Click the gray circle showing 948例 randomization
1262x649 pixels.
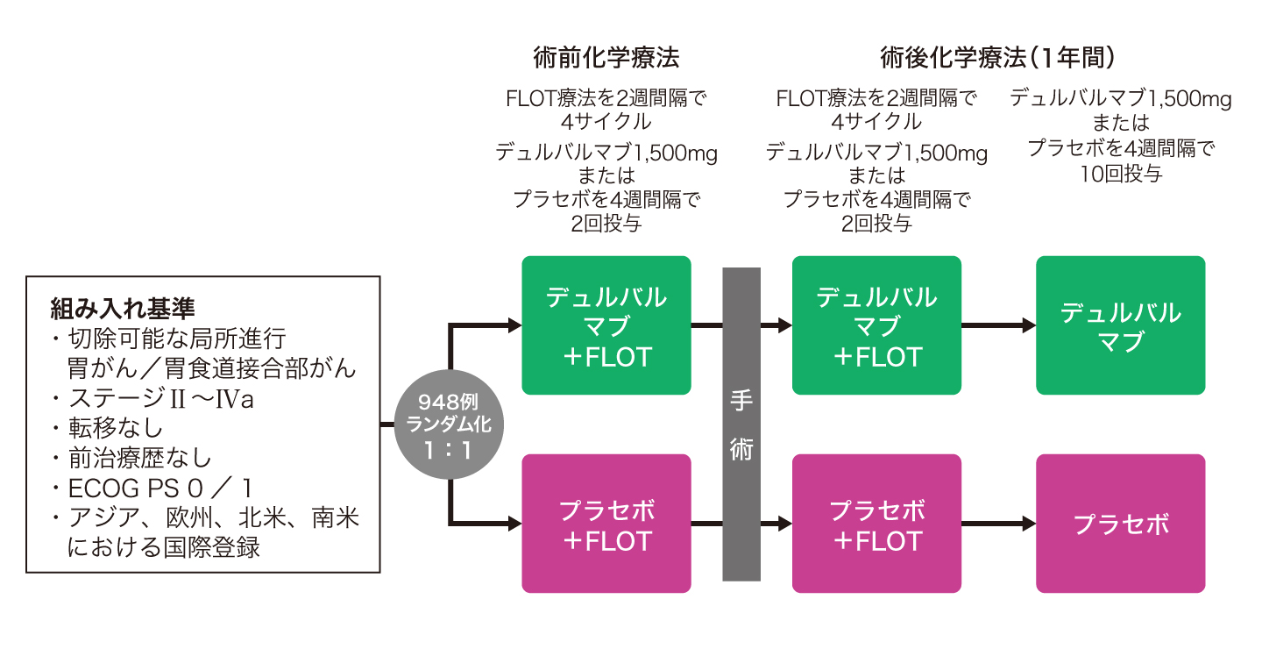point(449,425)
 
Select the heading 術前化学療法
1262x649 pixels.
point(606,58)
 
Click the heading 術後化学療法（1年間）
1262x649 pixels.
point(1000,58)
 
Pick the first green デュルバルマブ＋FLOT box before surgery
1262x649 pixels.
point(606,325)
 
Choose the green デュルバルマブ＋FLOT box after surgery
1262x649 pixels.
point(876,325)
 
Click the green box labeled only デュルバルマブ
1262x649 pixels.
point(1120,325)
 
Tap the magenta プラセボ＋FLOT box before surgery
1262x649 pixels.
point(606,524)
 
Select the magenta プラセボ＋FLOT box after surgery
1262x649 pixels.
point(876,524)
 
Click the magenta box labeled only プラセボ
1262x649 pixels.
point(1120,524)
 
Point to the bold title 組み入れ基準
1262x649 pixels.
point(123,308)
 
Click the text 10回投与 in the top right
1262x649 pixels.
point(1121,174)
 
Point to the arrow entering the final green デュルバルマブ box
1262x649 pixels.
point(999,325)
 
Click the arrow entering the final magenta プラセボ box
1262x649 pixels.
point(999,524)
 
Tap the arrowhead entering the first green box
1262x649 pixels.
point(514,325)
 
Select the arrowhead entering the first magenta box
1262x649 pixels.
point(514,524)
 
